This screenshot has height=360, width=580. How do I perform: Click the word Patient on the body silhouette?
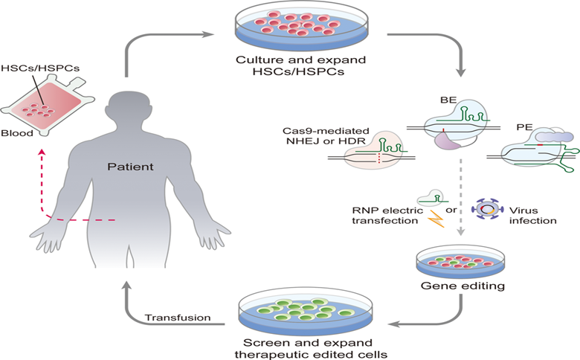130,167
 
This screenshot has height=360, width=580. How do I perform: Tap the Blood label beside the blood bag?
17,133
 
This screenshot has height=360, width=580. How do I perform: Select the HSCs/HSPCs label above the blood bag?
40,68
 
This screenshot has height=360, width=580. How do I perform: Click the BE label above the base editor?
448,100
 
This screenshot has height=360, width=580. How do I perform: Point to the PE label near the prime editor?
524,127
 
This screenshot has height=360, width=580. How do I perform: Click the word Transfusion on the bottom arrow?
178,318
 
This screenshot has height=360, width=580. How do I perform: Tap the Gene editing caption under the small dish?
463,286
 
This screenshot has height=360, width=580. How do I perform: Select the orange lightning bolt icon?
436,218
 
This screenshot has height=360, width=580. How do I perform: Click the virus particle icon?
488,210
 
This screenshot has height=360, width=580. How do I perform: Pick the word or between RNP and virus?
451,210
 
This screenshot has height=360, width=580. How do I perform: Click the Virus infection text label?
532,216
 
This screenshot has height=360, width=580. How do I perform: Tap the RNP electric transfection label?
387,216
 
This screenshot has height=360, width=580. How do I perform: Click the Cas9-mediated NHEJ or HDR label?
326,136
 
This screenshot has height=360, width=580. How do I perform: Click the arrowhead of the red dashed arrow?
42,152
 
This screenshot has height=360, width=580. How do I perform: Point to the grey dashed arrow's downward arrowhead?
460,233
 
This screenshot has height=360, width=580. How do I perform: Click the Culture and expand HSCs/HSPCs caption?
300,65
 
